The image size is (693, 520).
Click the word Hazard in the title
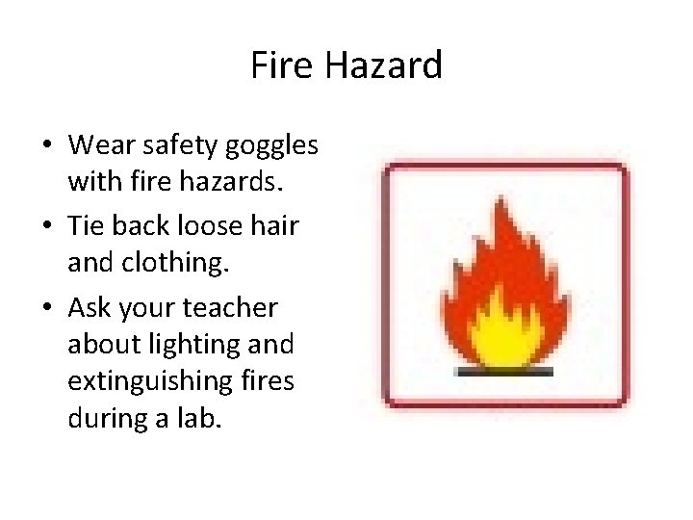383,65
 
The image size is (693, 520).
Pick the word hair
275,226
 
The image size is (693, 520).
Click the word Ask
90,308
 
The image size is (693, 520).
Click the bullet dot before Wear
47,146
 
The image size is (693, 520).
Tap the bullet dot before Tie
47,227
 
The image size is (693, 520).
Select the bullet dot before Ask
47,309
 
